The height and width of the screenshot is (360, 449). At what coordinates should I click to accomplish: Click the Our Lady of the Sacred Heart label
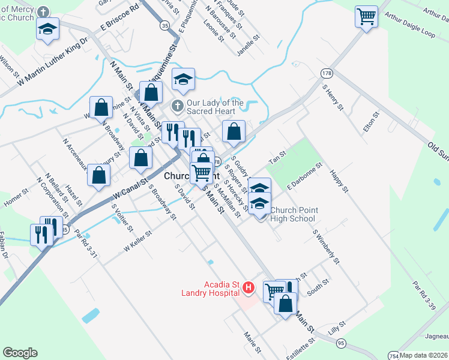click(x=215, y=107)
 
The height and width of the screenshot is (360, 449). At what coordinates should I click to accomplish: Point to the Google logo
click(x=20, y=353)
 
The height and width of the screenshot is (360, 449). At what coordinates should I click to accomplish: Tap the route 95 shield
click(x=341, y=343)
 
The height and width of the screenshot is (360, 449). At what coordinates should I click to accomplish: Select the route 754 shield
click(x=393, y=355)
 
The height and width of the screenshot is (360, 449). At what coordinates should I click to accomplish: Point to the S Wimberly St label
click(x=326, y=246)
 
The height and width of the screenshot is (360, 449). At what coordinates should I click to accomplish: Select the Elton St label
click(x=372, y=122)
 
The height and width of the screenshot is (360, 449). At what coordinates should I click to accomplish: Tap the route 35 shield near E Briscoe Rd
click(x=164, y=25)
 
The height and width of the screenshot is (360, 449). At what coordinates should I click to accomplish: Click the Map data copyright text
click(x=424, y=355)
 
